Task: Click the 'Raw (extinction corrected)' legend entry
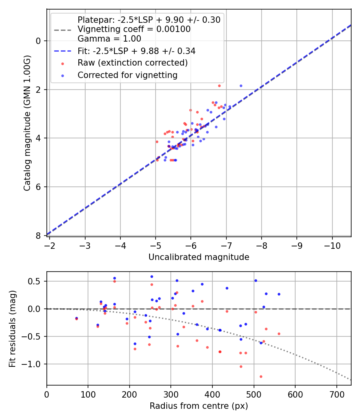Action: pos(132,63)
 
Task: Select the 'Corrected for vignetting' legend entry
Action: pos(128,75)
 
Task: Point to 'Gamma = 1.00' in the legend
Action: pos(109,39)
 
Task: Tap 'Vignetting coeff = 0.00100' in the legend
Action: pos(134,29)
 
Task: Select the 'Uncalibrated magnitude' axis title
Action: pos(199,257)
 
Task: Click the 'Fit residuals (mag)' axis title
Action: pos(12,329)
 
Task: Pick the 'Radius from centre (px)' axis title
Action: pos(199,406)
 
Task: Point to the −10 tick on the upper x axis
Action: pos(332,244)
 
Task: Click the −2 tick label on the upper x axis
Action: pos(50,244)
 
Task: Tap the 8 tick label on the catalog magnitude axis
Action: pos(38,236)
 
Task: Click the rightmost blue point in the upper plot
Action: pos(241,86)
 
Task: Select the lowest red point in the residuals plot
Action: pos(261,376)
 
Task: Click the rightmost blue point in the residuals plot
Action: pos(279,294)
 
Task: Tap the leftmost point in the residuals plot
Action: pos(76,318)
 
